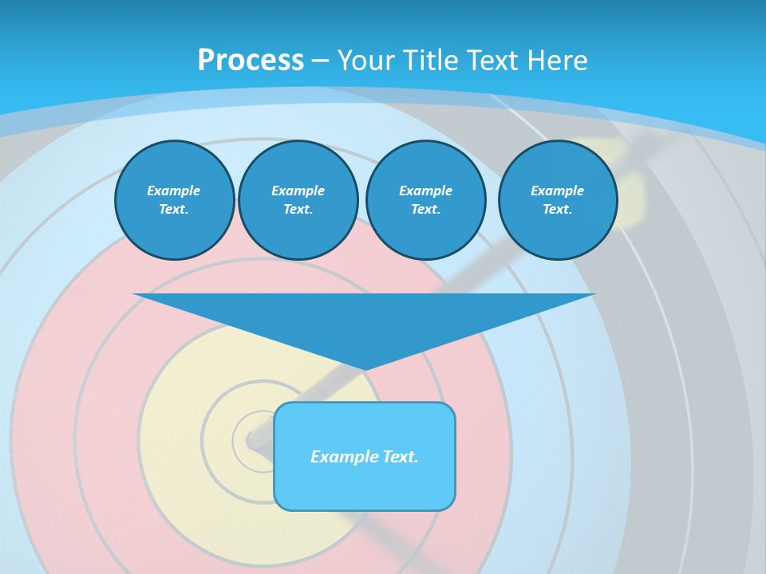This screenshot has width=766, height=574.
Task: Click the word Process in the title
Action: click(251, 61)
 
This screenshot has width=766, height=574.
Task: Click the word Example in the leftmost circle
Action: click(174, 191)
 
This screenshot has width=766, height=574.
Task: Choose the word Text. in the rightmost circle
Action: click(558, 210)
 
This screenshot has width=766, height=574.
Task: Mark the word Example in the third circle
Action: click(426, 191)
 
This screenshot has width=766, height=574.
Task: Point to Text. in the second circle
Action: click(298, 210)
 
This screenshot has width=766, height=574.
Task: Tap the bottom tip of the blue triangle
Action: click(365, 368)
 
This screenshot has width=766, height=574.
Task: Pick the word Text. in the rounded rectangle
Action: click(401, 457)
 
